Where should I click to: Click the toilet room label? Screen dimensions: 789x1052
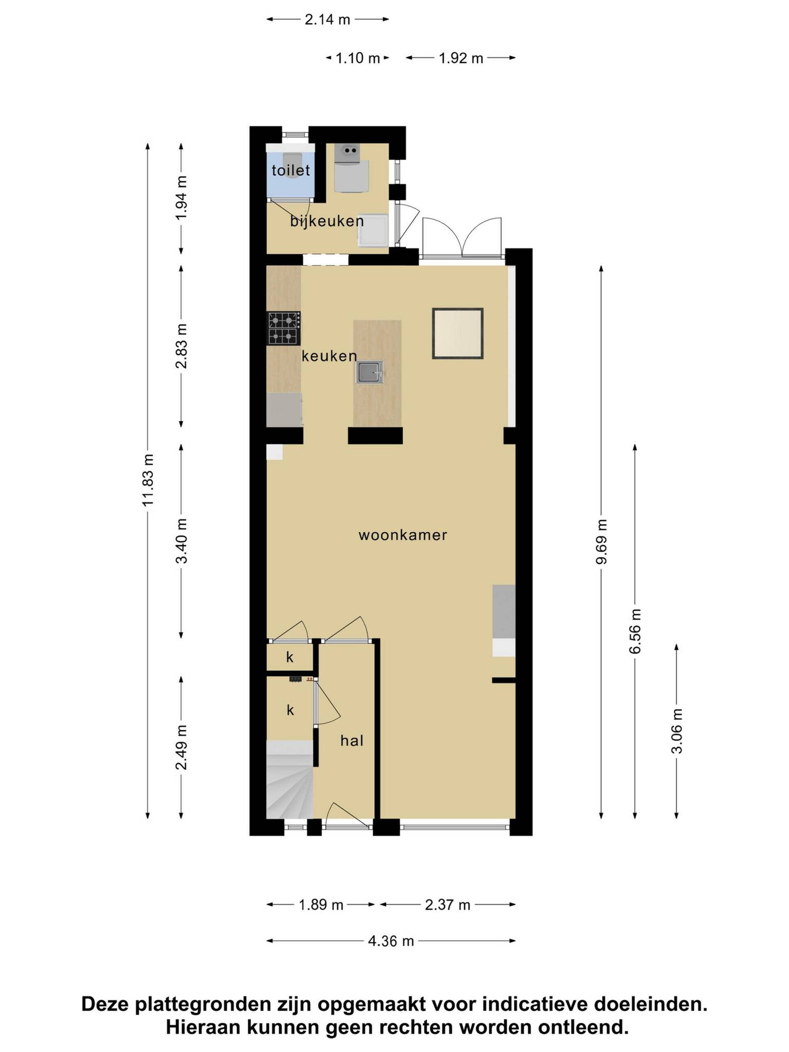click(291, 170)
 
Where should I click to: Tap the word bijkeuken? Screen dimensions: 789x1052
click(327, 221)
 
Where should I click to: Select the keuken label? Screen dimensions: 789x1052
click(329, 356)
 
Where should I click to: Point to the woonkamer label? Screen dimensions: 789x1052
click(402, 535)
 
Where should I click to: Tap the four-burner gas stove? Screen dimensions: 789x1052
click(284, 328)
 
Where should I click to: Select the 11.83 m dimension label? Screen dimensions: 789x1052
click(148, 480)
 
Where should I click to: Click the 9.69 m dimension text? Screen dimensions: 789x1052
click(602, 542)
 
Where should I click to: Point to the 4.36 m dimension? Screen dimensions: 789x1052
click(391, 941)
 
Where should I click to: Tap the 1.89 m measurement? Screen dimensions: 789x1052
click(321, 904)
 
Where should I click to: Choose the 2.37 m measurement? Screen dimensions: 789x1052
click(448, 904)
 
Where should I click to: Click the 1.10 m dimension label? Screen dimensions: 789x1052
click(358, 58)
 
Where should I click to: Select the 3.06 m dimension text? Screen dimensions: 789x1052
click(677, 731)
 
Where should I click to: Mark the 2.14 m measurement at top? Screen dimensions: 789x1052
click(327, 19)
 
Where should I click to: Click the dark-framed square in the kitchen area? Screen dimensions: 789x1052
click(457, 333)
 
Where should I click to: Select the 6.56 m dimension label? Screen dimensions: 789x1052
click(635, 631)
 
